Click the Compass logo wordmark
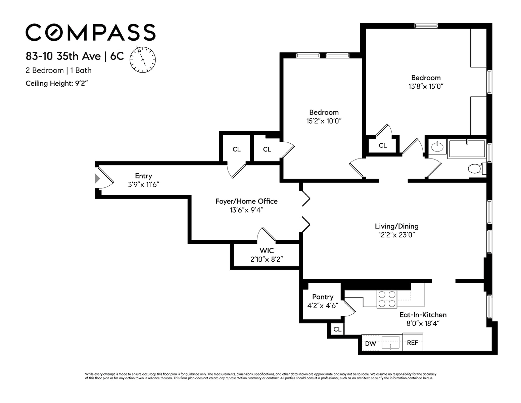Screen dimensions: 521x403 pyautogui.click(x=90, y=32)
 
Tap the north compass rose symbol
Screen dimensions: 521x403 pyautogui.click(x=142, y=59)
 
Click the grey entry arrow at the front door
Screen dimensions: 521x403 pyautogui.click(x=97, y=179)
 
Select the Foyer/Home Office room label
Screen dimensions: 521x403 pyautogui.click(x=246, y=201)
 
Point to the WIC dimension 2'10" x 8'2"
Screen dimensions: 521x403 pyautogui.click(x=267, y=259)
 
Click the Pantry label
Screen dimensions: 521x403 pyautogui.click(x=323, y=297)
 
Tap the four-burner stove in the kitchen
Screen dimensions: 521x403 pyautogui.click(x=387, y=299)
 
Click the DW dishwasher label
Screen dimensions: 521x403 pyautogui.click(x=370, y=344)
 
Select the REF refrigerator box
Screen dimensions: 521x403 pyautogui.click(x=413, y=342)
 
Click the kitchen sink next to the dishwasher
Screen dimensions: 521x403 pyautogui.click(x=390, y=342)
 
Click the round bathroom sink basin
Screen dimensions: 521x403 pyautogui.click(x=437, y=147)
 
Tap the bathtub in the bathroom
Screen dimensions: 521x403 pyautogui.click(x=467, y=149)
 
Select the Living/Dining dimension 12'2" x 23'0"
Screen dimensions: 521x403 pyautogui.click(x=396, y=235)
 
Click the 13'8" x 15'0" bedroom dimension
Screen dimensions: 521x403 pyautogui.click(x=426, y=86)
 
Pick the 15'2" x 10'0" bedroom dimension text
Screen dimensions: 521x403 pyautogui.click(x=324, y=121)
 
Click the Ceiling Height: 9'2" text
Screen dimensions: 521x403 pyautogui.click(x=57, y=83)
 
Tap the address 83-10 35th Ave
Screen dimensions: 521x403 pyautogui.click(x=63, y=56)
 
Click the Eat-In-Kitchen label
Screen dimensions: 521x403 pyautogui.click(x=423, y=315)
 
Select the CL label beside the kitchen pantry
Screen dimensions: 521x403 pyautogui.click(x=337, y=329)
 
